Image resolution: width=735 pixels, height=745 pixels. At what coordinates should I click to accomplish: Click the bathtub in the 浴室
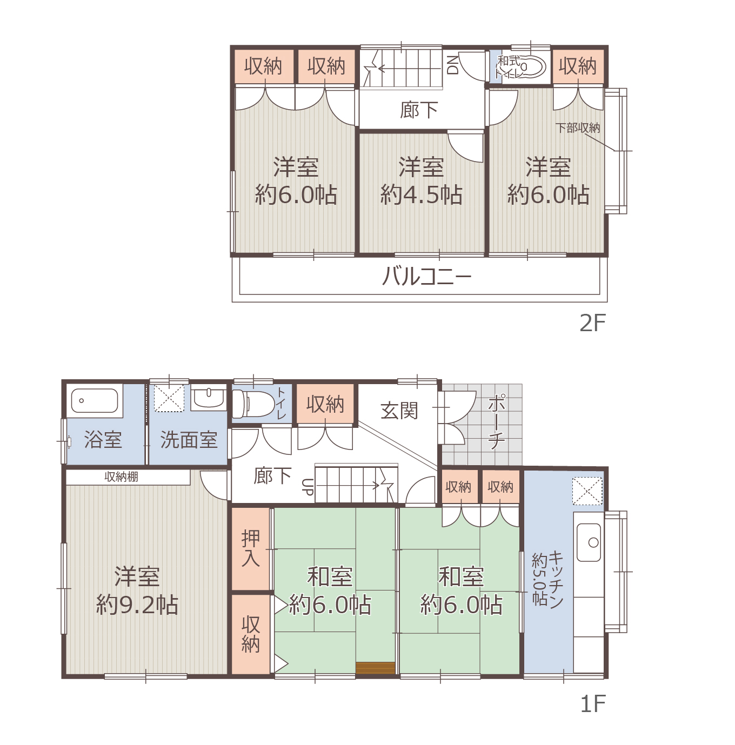pos(95,401)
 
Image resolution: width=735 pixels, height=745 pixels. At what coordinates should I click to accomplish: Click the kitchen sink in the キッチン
pos(589,542)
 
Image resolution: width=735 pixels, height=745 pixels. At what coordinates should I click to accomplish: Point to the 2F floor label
pos(592,323)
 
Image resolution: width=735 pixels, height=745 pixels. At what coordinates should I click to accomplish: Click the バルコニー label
pos(427,277)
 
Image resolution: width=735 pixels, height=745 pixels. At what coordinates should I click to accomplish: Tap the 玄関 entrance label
pos(399,411)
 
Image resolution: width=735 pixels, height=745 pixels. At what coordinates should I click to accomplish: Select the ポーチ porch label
pos(496,422)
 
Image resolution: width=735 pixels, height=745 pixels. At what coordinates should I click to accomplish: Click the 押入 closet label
pos(250,548)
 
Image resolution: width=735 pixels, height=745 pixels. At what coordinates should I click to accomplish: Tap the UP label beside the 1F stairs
pos(308,487)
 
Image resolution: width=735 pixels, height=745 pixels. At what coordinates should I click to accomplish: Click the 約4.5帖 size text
pos(421,194)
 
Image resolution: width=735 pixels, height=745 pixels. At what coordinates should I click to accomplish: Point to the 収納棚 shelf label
pos(121,476)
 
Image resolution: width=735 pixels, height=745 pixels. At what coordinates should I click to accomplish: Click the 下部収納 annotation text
pos(578,127)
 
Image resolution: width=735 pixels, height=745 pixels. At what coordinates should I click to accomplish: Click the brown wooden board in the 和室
pos(375,668)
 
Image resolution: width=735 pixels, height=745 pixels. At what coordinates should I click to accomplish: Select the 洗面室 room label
pos(189,440)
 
